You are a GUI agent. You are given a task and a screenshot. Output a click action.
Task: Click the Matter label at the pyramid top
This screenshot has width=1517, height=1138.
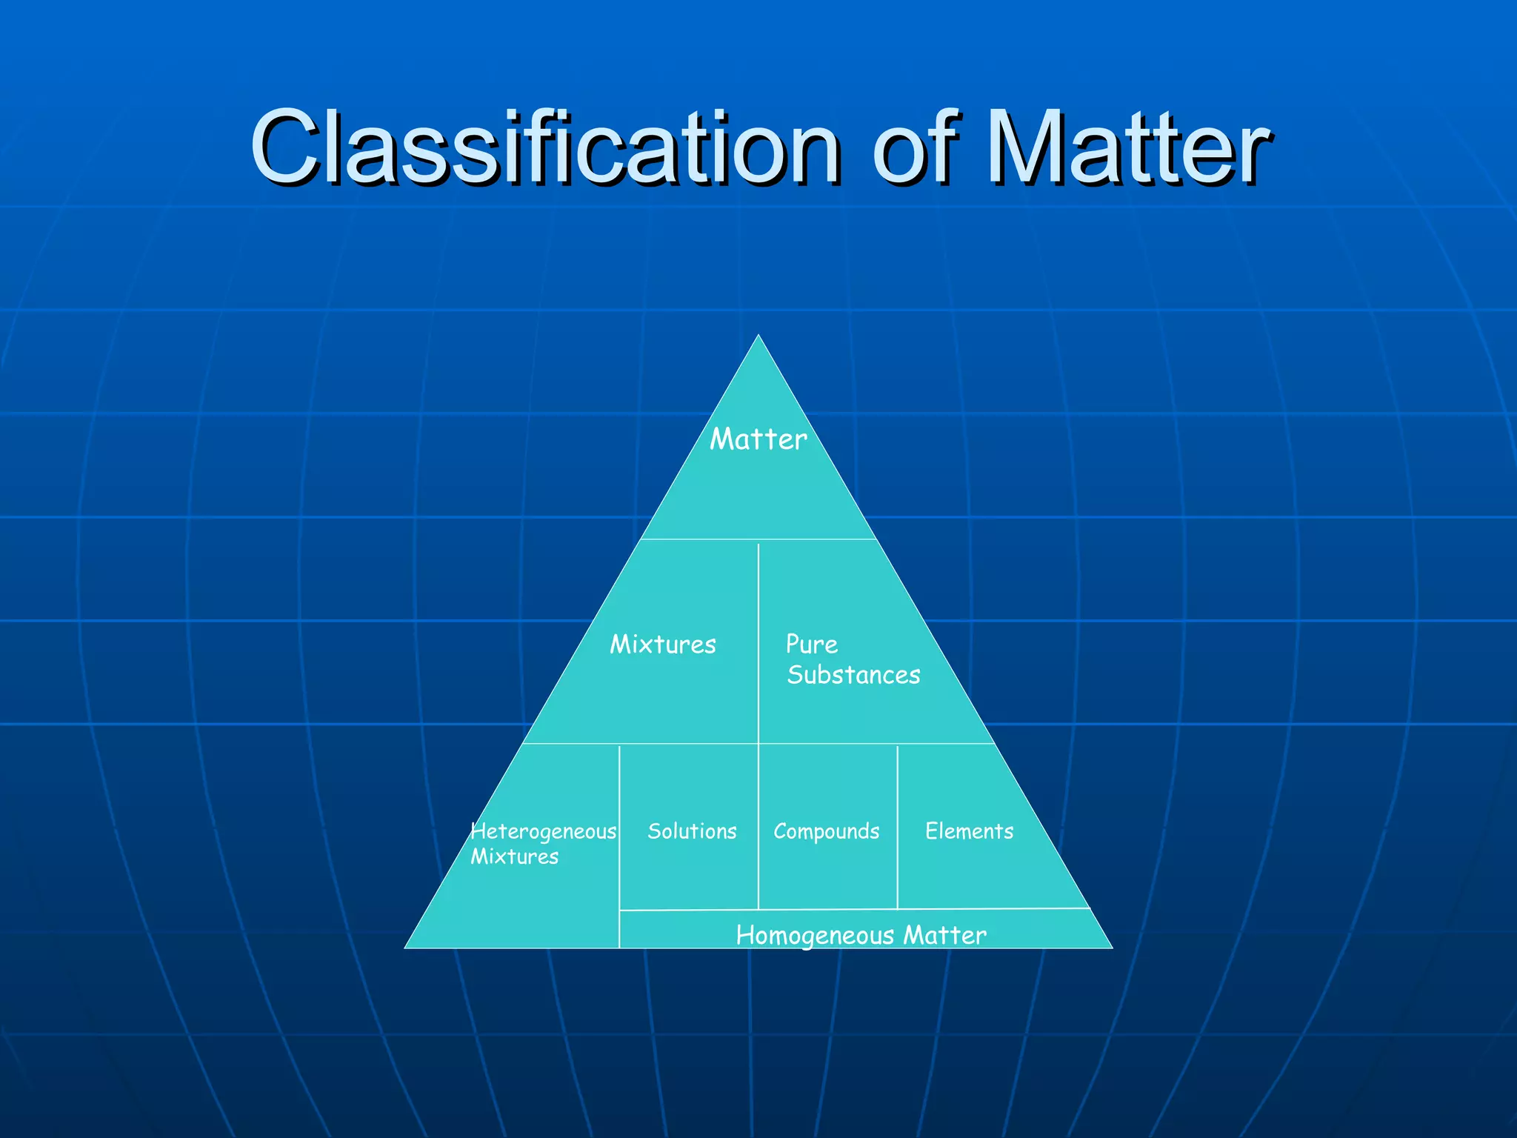758,439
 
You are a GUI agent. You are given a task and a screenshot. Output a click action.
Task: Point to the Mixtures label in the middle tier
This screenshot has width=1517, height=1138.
663,645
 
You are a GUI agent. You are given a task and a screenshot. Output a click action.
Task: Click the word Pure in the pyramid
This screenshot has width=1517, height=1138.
812,645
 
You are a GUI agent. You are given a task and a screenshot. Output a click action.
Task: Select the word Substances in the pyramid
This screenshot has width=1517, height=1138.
853,675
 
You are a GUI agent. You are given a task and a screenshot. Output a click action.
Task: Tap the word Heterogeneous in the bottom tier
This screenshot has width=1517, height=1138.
544,832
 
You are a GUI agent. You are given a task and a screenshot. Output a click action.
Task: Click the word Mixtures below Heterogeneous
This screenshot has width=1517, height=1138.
515,857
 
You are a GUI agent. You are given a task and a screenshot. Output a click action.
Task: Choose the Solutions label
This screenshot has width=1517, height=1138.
692,831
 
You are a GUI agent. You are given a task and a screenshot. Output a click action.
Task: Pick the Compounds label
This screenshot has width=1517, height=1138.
827,832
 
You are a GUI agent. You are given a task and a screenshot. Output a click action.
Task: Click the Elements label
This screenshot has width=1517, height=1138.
969,831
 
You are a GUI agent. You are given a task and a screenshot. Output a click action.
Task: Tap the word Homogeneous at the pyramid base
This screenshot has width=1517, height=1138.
815,936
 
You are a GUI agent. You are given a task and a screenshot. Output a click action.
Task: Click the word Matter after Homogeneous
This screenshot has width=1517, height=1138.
945,935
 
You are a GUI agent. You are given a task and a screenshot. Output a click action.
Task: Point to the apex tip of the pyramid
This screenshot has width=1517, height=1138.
758,336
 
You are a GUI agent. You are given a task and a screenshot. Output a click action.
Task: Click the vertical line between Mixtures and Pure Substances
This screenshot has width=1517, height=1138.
758,593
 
